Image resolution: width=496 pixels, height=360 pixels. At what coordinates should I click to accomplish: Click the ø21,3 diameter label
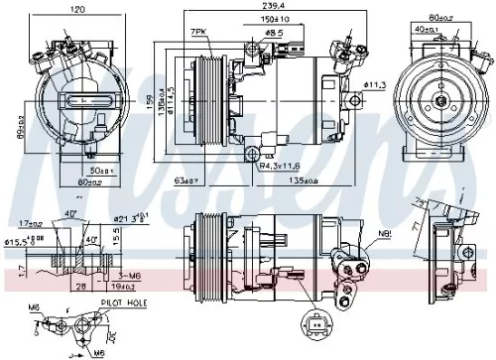click(x=130, y=217)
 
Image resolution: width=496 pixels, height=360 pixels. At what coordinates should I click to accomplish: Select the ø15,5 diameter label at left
click(x=17, y=241)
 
